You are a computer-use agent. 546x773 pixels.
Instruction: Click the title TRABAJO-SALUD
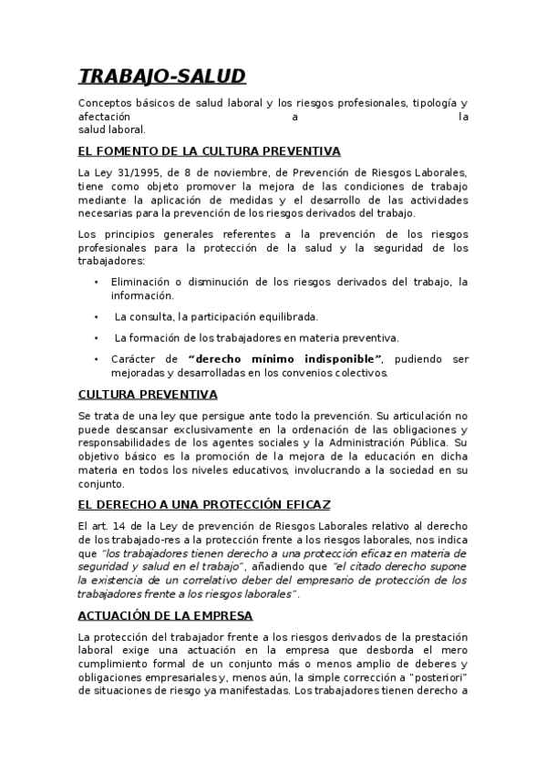click(162, 76)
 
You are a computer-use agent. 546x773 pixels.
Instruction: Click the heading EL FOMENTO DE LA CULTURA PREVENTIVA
click(210, 151)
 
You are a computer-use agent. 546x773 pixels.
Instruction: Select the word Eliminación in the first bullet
click(145, 283)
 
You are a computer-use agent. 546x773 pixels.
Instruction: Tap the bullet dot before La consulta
click(97, 317)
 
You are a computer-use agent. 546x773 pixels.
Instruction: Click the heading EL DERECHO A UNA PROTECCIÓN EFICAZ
click(204, 504)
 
